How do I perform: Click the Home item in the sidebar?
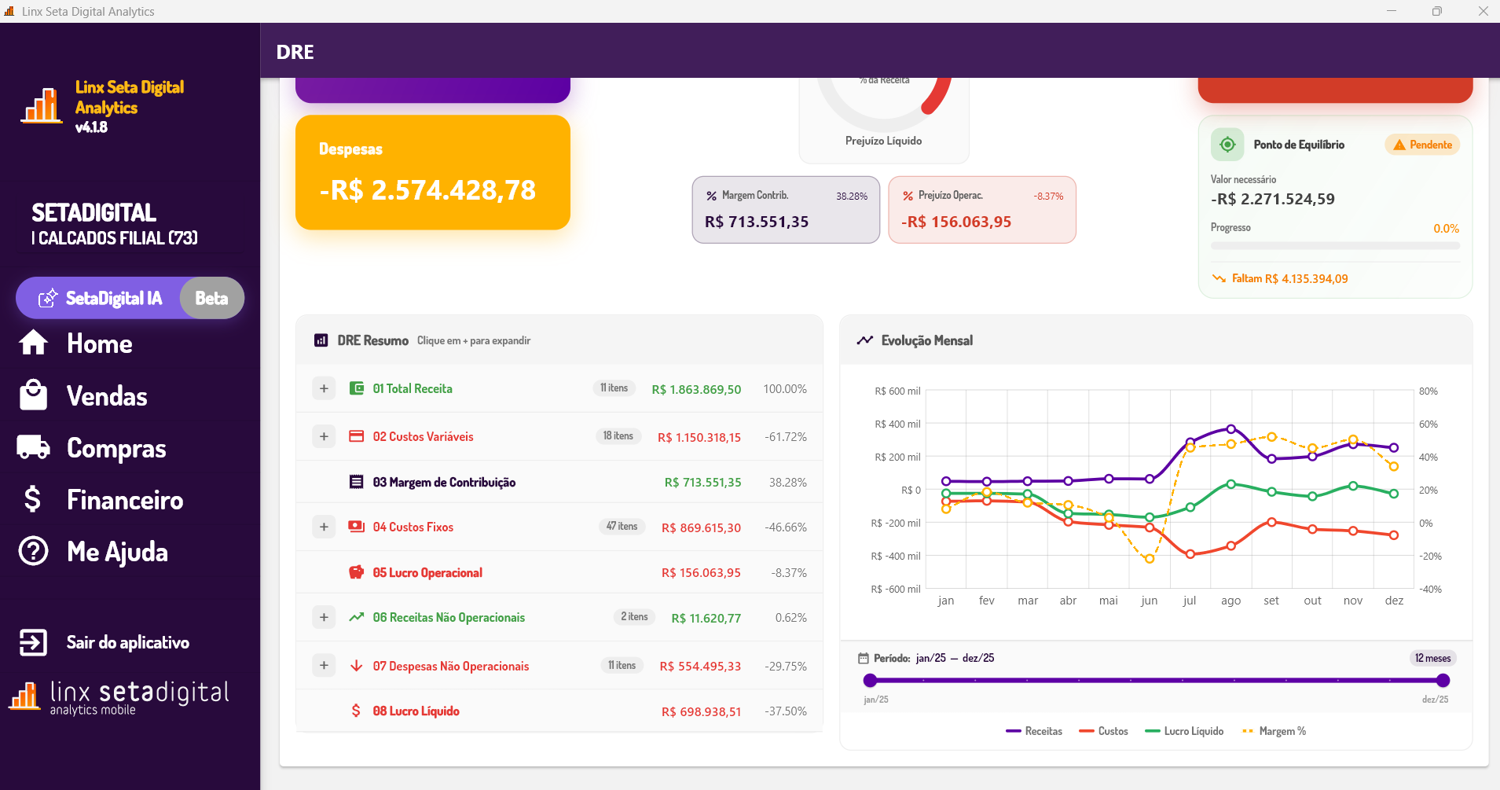click(99, 344)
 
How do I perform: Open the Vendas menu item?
click(106, 396)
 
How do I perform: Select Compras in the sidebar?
click(116, 448)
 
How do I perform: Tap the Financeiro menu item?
click(124, 500)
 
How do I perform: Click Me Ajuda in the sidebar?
click(117, 552)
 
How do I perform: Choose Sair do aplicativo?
click(127, 642)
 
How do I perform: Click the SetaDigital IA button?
click(114, 298)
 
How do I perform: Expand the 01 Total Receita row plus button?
click(324, 388)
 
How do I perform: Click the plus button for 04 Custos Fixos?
click(324, 527)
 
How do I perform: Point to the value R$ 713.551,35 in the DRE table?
click(702, 483)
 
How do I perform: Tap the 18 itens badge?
click(618, 436)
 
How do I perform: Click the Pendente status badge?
click(1422, 145)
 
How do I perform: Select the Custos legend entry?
click(1104, 731)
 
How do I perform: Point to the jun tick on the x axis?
click(1149, 601)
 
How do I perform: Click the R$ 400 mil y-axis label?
click(897, 424)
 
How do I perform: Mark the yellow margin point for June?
click(1150, 559)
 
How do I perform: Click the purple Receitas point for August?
click(1231, 429)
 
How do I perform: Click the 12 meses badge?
click(1432, 658)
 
